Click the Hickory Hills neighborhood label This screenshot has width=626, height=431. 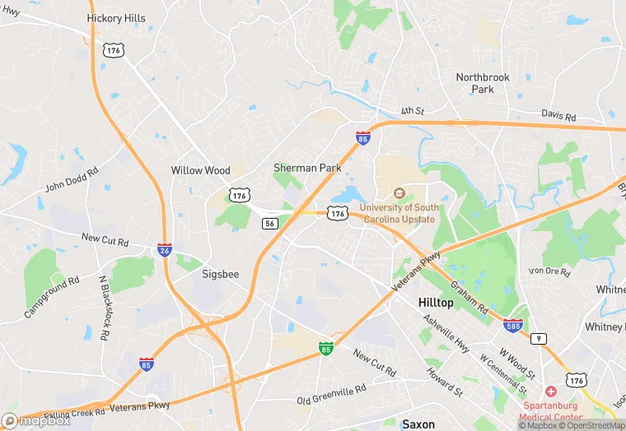point(115,18)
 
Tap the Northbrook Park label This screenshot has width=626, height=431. point(483,82)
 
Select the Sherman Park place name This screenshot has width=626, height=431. point(307,168)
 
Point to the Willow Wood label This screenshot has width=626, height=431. point(200,170)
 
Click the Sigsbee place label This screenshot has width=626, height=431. point(221,275)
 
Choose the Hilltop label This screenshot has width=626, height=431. point(436,303)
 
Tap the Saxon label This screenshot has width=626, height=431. point(418,424)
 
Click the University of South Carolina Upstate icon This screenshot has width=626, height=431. point(399,193)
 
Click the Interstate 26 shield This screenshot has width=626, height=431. point(165,248)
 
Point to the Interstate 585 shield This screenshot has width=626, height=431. point(512,326)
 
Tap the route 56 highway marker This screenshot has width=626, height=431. point(269,223)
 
